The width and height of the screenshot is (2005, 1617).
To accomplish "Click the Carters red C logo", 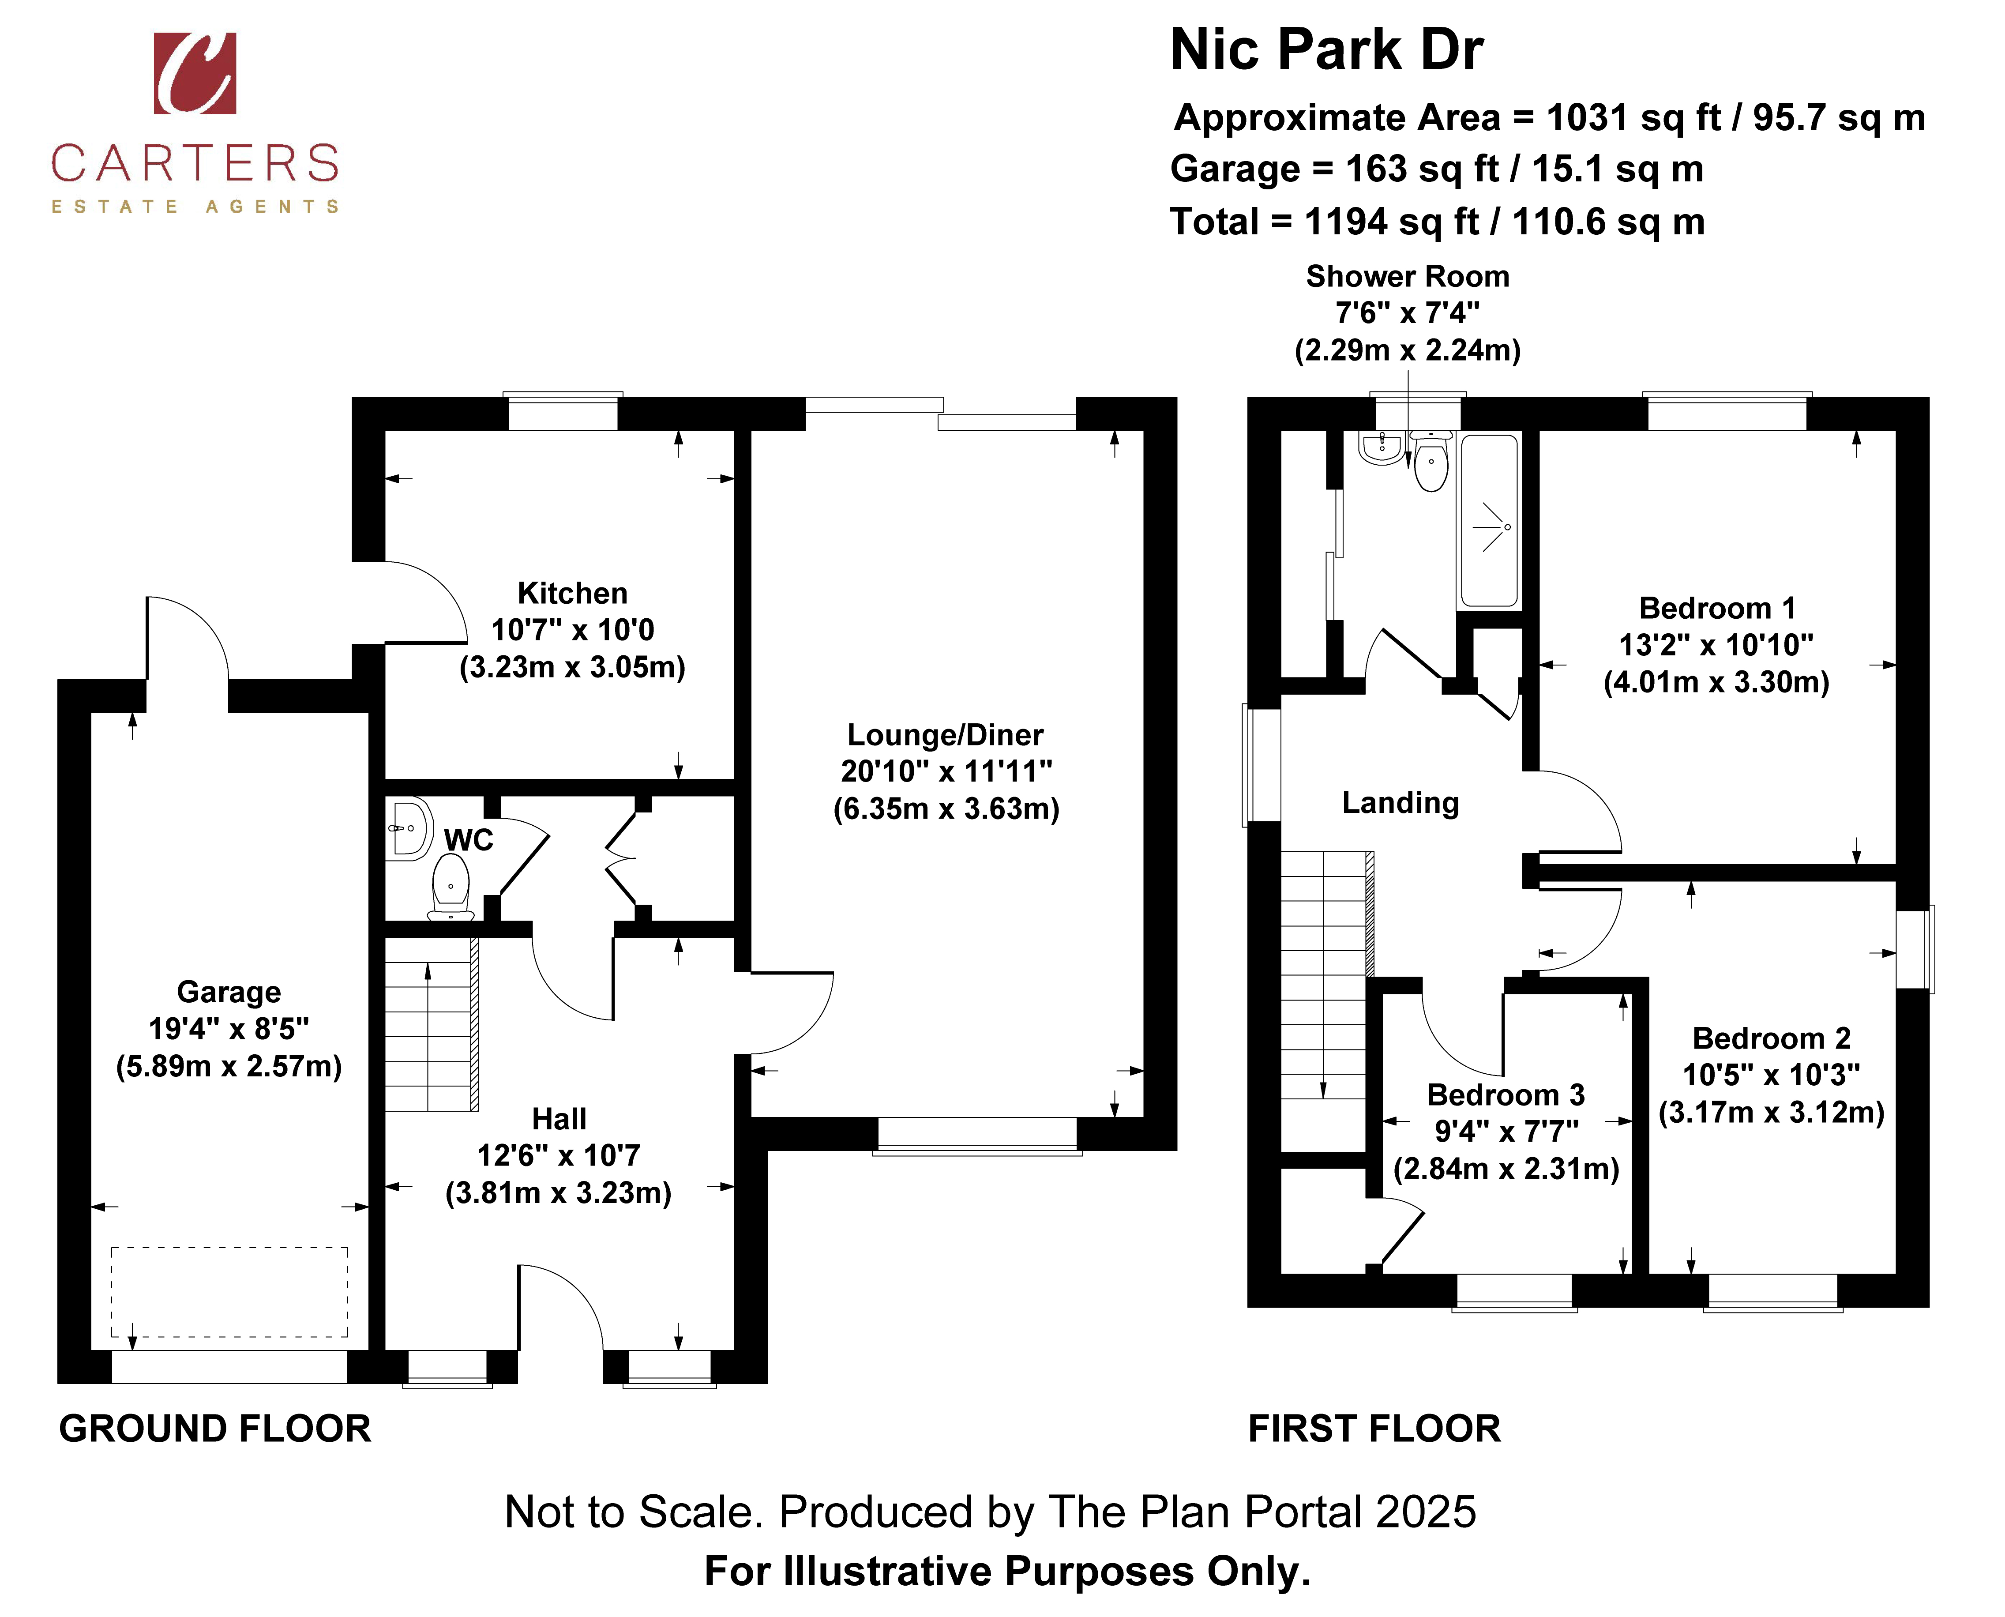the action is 195,74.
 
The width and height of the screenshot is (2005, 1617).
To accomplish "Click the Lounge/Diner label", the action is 945,735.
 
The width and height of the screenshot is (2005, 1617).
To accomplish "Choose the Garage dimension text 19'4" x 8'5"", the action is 229,1028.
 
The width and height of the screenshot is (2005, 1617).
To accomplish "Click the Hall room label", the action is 559,1119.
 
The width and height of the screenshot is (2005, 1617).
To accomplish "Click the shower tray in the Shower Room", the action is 1490,522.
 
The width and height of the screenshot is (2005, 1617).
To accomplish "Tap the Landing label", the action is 1400,803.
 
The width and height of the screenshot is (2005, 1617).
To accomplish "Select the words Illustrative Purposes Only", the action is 1047,1572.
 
